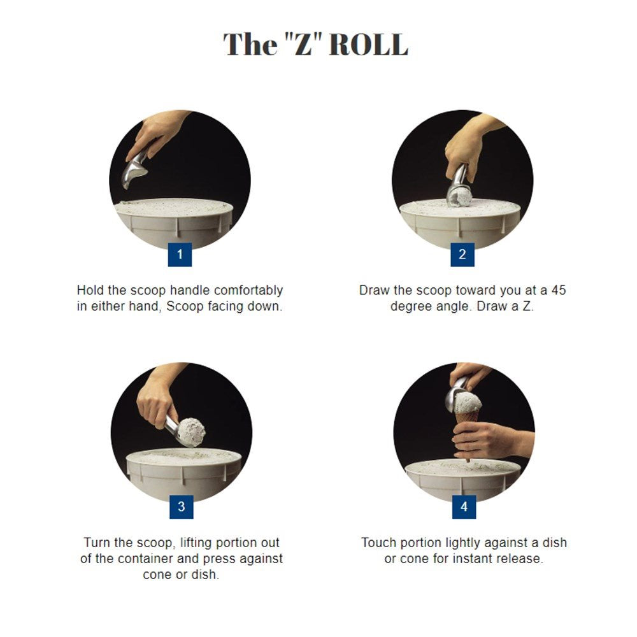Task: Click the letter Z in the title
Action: coord(303,45)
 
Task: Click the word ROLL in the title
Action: coord(368,45)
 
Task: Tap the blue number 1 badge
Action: coord(180,254)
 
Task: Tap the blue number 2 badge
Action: coord(462,254)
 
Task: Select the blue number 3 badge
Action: coord(181,506)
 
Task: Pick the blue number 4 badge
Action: coord(464,506)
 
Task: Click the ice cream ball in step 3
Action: coord(191,432)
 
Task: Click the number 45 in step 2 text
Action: coord(559,290)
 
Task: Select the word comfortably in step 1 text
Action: coord(248,291)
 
